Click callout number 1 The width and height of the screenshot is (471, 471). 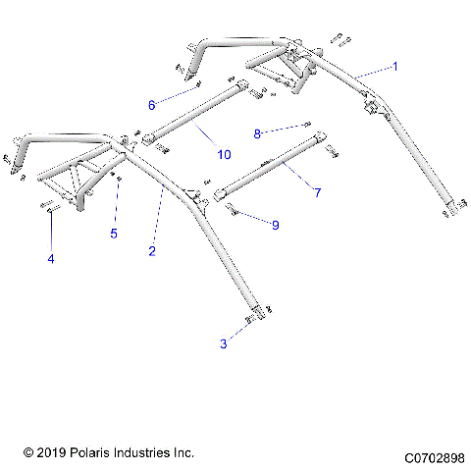pos(395,66)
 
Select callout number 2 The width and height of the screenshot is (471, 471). pos(151,251)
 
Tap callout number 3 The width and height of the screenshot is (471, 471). pos(223,343)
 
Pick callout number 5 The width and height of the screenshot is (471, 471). pos(113,234)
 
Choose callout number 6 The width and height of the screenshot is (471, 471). pos(152,104)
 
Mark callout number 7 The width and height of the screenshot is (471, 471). pos(317,192)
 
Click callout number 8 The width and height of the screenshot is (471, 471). pos(258,132)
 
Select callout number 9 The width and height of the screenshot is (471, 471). pos(275,225)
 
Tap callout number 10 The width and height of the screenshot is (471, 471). pos(225,155)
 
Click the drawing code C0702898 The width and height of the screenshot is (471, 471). pos(433,457)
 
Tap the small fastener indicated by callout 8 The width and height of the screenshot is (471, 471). pos(307,124)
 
